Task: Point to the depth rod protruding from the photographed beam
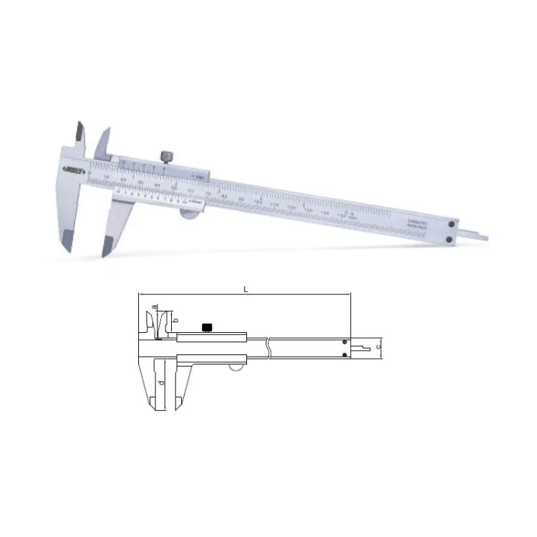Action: pos(475,233)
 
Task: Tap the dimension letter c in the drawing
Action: pos(377,347)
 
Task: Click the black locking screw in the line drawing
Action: pos(207,329)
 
